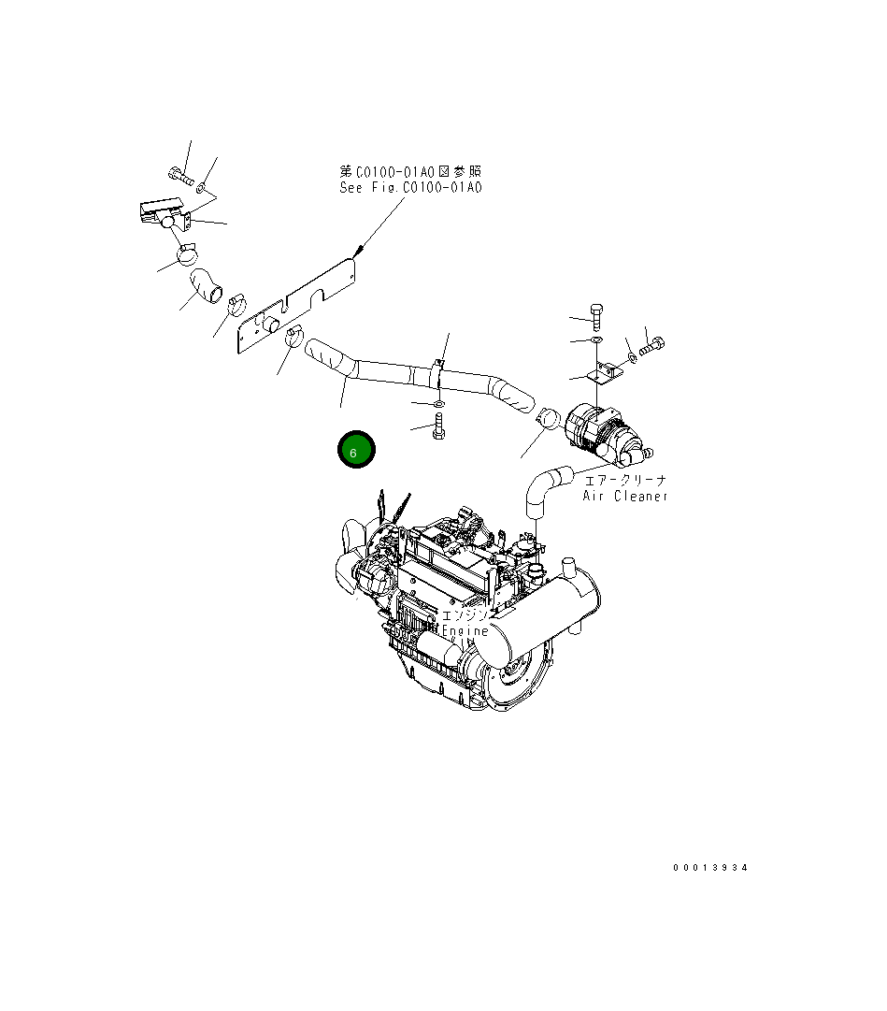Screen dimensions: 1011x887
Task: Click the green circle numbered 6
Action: coord(356,451)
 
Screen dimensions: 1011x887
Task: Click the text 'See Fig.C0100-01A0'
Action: coord(410,187)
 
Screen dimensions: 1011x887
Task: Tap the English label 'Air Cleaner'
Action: coord(625,496)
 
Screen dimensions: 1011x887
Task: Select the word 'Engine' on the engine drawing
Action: coord(465,630)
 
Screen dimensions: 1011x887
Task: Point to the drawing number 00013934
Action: coord(710,868)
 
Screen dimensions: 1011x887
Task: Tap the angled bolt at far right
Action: coord(652,347)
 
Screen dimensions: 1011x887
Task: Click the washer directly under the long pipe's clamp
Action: coord(437,404)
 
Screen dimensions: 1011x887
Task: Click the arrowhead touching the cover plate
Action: coord(357,251)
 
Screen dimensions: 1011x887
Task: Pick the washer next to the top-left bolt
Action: coord(203,189)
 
